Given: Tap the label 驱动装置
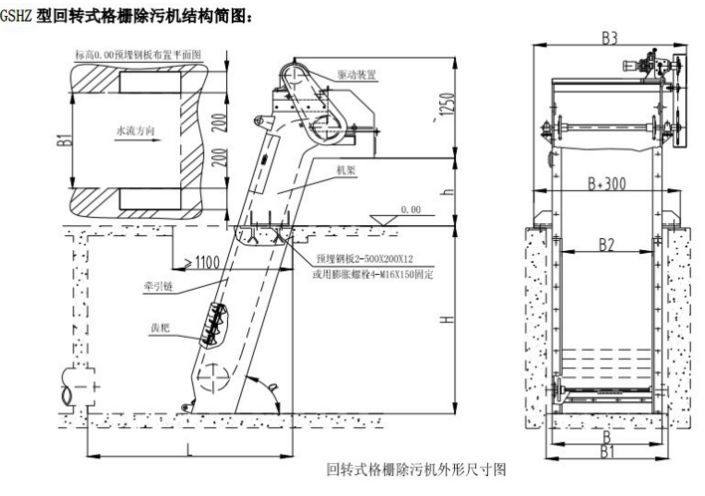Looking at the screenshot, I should point(356,75).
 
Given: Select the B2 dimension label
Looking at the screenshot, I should point(607,243).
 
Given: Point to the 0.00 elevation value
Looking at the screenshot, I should point(410,210).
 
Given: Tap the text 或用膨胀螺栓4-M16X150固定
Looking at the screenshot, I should point(372,272).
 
